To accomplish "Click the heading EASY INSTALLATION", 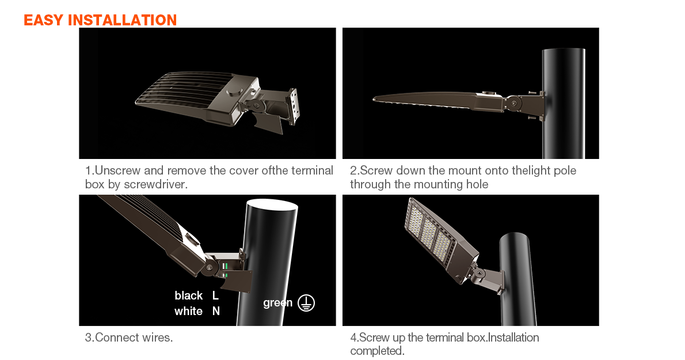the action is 100,20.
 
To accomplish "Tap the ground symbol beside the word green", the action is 306,303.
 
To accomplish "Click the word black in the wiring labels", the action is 188,296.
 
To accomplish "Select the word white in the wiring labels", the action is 188,311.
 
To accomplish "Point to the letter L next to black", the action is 215,296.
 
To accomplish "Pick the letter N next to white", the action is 216,311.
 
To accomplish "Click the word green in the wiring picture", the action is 278,303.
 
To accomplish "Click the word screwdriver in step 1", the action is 155,184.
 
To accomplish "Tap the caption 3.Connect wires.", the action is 129,338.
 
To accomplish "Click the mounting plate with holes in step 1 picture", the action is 294,107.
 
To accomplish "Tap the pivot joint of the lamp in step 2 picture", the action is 513,104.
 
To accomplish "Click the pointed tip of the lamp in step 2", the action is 374,100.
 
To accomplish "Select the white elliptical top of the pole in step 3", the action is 272,205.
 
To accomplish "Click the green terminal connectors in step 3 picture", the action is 226,270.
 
